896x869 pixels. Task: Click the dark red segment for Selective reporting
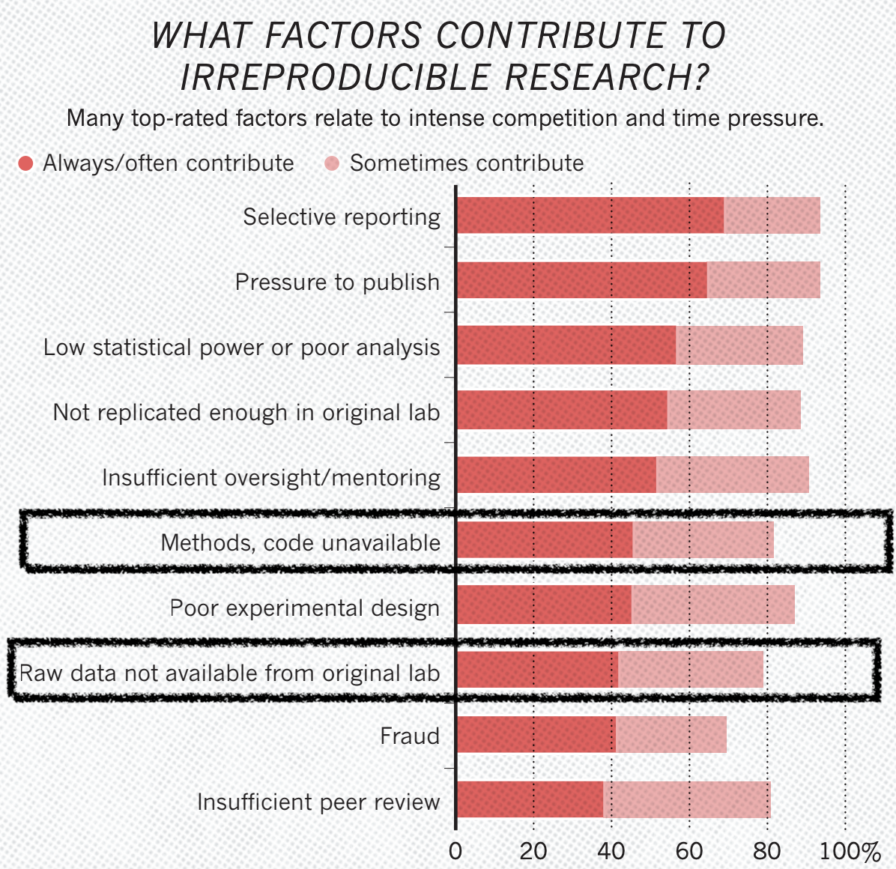pyautogui.click(x=590, y=216)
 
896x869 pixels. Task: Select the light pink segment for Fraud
pyautogui.click(x=671, y=735)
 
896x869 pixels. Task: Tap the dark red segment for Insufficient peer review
pyautogui.click(x=530, y=800)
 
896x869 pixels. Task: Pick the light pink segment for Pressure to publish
pyautogui.click(x=763, y=281)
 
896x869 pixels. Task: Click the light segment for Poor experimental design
pyautogui.click(x=712, y=605)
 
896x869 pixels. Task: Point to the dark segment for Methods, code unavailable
pyautogui.click(x=545, y=540)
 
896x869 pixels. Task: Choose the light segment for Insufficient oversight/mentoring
pyautogui.click(x=732, y=475)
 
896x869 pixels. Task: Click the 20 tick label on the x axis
pyautogui.click(x=533, y=851)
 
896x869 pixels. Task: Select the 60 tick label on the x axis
pyautogui.click(x=689, y=851)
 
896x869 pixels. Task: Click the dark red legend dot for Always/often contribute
pyautogui.click(x=25, y=163)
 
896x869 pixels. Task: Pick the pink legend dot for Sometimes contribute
pyautogui.click(x=332, y=163)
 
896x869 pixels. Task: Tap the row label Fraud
pyautogui.click(x=410, y=736)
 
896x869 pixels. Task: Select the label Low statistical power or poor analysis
pyautogui.click(x=241, y=348)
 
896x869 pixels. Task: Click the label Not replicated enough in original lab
pyautogui.click(x=246, y=413)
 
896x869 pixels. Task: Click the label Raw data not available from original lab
pyautogui.click(x=229, y=673)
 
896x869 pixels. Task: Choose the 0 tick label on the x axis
pyautogui.click(x=455, y=851)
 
